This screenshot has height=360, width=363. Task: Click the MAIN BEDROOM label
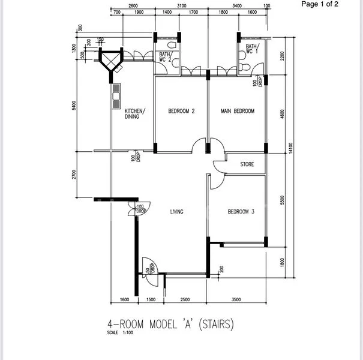click(x=237, y=111)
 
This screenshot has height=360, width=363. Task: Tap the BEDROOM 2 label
click(x=182, y=111)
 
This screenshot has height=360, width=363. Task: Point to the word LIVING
click(x=176, y=212)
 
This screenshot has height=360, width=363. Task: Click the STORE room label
click(x=247, y=164)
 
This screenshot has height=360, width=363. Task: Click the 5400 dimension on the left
click(x=74, y=106)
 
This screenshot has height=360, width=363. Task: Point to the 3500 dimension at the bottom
click(x=236, y=299)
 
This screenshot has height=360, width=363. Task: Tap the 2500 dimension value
click(x=185, y=299)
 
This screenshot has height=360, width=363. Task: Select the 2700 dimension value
click(x=74, y=175)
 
